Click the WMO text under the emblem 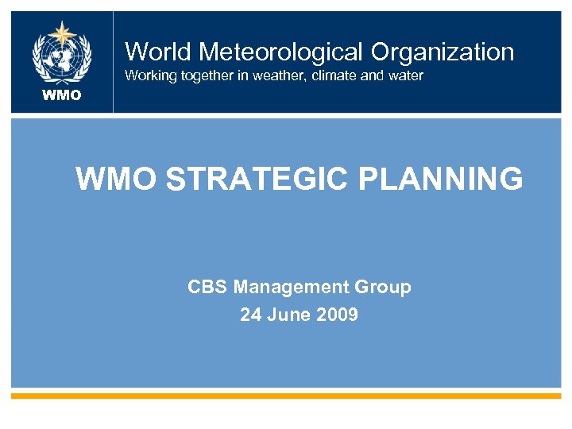pos(62,95)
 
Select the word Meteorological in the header pos(280,52)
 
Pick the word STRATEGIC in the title pos(259,180)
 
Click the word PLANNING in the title pos(441,180)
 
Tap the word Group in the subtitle pos(386,287)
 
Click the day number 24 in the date pos(250,315)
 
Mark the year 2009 pos(337,315)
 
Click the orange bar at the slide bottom pos(286,395)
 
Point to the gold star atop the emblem pos(62,33)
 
